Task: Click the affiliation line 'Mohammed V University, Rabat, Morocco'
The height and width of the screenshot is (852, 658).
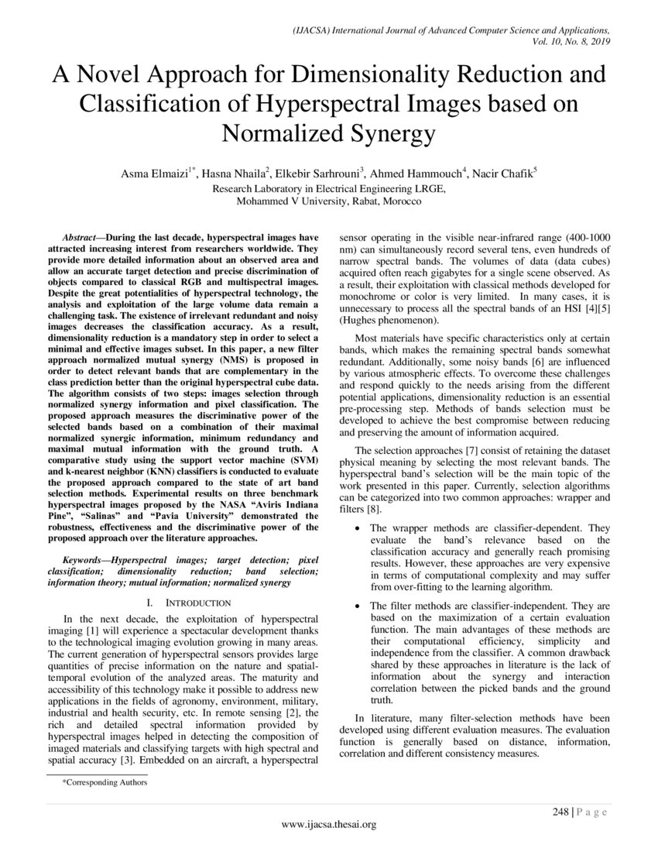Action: click(329, 201)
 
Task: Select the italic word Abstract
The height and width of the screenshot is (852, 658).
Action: click(81, 236)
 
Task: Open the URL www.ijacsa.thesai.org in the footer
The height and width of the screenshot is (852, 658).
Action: click(328, 825)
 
